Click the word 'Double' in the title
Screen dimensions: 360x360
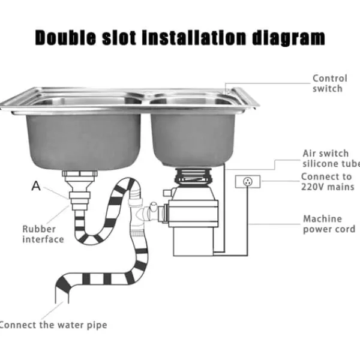point(65,37)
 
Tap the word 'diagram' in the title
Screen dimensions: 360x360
point(289,38)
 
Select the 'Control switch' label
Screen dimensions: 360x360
point(329,83)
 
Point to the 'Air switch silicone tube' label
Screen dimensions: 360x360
point(331,158)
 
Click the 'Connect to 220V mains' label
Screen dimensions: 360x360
point(328,182)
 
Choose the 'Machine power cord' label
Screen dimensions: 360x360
point(329,224)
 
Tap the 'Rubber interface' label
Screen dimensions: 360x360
point(43,234)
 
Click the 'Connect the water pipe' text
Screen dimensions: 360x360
point(53,325)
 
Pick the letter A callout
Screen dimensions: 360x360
point(36,186)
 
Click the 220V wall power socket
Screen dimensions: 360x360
point(248,182)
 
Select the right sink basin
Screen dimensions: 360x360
point(193,139)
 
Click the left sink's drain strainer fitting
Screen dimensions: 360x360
point(80,178)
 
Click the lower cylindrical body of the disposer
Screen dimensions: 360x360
point(193,241)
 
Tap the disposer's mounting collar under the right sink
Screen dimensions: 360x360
point(193,176)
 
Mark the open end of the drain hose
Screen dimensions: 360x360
point(62,303)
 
